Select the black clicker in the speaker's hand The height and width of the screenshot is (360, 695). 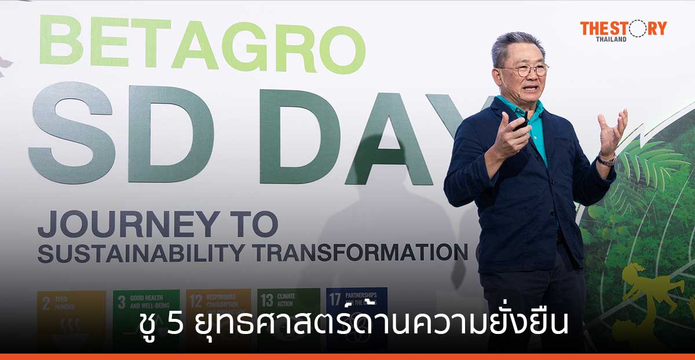(x=521, y=123)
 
